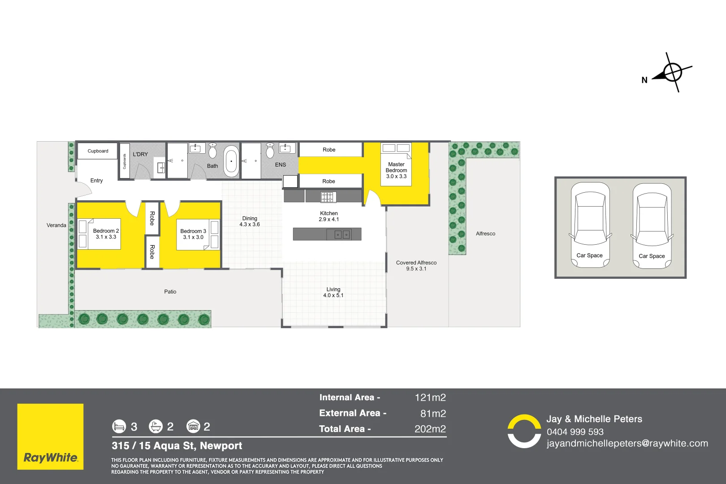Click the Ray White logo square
pos(50,436)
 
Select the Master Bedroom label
pos(396,170)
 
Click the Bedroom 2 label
pos(106,234)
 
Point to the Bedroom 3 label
pos(193,234)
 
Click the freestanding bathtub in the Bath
pos(231,161)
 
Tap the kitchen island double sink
pos(342,234)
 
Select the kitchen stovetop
pos(328,197)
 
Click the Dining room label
pos(250,221)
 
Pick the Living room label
pos(333,292)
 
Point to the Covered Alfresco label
pos(416,266)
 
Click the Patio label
pos(170,292)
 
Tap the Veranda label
pos(56,225)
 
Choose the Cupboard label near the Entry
pos(98,151)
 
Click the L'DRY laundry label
pos(140,154)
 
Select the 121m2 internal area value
pos(430,398)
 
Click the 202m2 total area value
pos(430,429)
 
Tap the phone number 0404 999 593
pos(575,432)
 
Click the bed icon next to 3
pos(119,426)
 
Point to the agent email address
pos(627,444)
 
